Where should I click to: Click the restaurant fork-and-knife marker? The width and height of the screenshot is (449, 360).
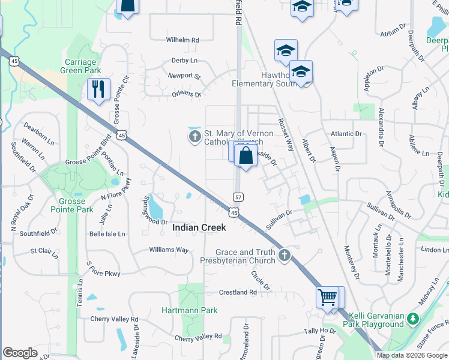click(x=98, y=89)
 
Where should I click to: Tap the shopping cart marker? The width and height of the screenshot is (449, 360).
click(x=327, y=297)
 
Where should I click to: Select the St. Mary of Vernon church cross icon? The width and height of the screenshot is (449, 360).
click(x=194, y=138)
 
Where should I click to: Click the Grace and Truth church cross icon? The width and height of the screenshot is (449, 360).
click(x=285, y=256)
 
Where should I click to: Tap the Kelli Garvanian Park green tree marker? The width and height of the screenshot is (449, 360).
click(x=412, y=318)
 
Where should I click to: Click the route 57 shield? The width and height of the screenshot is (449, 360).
click(x=238, y=197)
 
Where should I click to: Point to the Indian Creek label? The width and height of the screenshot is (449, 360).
click(x=199, y=228)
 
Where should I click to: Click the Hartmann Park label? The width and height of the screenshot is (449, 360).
click(x=190, y=310)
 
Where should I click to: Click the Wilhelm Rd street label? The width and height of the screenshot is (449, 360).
click(x=182, y=40)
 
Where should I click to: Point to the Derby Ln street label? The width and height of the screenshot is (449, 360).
click(x=184, y=61)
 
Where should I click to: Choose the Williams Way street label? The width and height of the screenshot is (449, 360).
click(x=169, y=250)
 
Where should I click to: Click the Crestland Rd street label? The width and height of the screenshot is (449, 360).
click(x=238, y=292)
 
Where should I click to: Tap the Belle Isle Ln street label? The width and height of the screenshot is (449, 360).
click(x=107, y=234)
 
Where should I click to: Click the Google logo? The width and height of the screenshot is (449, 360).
click(x=20, y=353)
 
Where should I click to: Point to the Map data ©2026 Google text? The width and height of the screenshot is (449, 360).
click(x=412, y=355)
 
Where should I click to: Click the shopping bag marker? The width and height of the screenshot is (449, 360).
click(x=246, y=157)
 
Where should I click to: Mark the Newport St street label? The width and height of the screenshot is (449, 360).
click(x=184, y=76)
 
